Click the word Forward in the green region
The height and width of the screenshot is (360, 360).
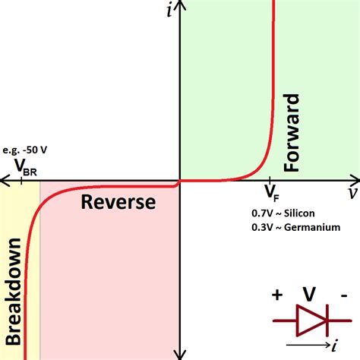point(292,132)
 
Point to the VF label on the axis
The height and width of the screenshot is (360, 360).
point(273,189)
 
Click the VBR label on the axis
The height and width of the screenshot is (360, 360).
point(24,169)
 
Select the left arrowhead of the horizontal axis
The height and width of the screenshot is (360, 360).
point(5,182)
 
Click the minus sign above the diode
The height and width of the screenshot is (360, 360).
point(344,295)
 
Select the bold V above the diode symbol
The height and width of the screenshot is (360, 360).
point(309,294)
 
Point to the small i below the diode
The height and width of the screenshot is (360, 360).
point(335,346)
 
